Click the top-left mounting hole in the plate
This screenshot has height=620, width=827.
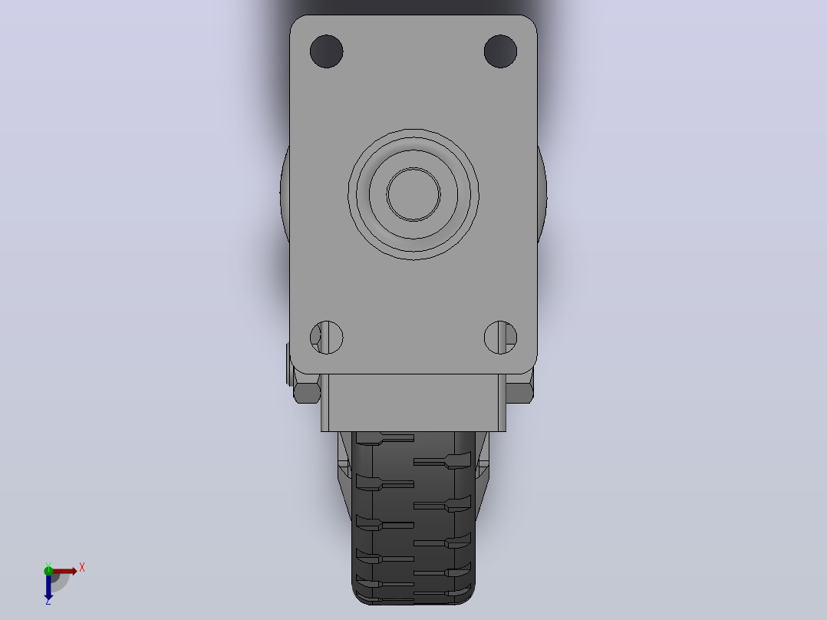[x=327, y=51]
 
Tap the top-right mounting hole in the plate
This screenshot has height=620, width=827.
[x=500, y=51]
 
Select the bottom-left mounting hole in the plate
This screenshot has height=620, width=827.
[x=327, y=337]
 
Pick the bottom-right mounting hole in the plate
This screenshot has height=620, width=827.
[x=500, y=337]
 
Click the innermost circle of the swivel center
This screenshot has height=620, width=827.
[x=413, y=194]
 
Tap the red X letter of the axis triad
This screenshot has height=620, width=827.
[x=82, y=568]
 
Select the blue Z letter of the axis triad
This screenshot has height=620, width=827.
[x=48, y=601]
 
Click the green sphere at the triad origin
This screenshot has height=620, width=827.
[x=48, y=570]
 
